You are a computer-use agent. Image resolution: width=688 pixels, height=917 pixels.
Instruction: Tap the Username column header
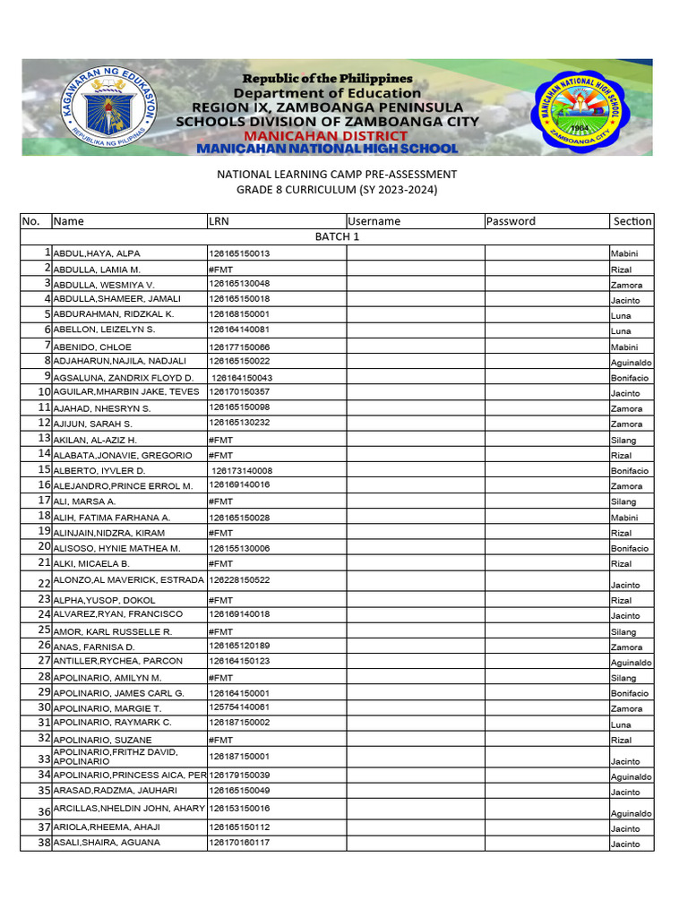[374, 221]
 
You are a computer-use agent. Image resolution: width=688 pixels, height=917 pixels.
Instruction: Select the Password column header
[510, 221]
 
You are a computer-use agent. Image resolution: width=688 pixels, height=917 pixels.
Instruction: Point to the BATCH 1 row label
[337, 237]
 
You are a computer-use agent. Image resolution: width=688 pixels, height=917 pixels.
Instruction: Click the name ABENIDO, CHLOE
[92, 347]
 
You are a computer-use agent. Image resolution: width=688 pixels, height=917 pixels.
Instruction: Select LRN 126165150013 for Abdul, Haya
[239, 253]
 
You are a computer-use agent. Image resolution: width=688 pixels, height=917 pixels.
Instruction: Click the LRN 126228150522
[239, 580]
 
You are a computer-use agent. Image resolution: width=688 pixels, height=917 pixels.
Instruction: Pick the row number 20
[44, 547]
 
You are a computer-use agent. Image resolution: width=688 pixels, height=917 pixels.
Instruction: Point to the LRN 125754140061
[239, 707]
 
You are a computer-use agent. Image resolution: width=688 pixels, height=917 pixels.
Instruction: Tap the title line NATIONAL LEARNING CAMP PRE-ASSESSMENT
[337, 174]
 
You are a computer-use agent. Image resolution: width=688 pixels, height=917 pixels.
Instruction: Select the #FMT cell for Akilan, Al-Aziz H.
[220, 441]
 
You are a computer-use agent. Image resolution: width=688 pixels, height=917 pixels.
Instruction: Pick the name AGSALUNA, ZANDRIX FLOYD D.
[124, 378]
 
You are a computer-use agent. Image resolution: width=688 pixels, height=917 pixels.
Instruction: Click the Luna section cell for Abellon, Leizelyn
[621, 331]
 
